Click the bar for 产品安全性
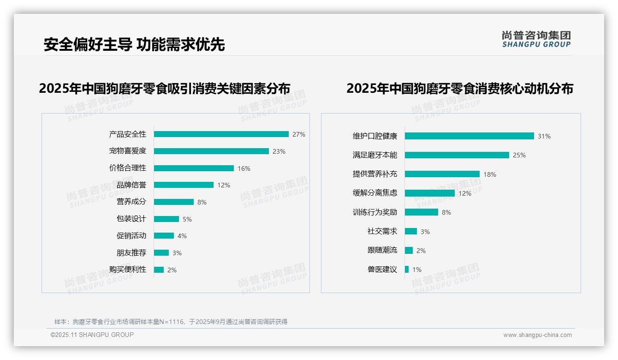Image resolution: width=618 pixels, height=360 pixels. pos(221,134)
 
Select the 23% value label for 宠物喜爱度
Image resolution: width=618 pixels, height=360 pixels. pos(279,151)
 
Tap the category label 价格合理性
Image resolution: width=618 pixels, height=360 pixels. pos(127,168)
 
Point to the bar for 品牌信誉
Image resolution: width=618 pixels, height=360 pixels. pos(184,185)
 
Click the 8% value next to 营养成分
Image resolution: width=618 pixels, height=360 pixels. pos(202,202)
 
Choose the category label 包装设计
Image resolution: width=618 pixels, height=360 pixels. pos(131,219)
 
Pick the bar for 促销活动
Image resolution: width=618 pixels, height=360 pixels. pos(164,236)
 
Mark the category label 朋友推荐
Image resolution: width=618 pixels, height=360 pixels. pos(131,253)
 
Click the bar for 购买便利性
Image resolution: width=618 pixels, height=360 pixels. pos(159,270)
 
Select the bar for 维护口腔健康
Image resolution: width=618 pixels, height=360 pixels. pos(469,136)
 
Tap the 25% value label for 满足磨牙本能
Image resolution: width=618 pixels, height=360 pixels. pos(519,155)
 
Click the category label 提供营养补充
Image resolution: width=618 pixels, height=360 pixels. pos(374,174)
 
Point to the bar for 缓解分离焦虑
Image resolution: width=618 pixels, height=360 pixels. pos(429,193)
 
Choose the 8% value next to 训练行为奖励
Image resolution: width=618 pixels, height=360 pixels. pos(446,212)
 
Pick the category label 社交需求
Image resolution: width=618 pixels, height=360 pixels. pos(382,231)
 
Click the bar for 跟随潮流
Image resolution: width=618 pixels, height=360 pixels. pos(409,250)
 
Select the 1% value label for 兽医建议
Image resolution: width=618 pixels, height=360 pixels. pos(416,270)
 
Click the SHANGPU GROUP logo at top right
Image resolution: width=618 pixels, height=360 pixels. pos(536,39)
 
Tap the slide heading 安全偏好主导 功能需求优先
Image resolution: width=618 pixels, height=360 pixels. pos(134,44)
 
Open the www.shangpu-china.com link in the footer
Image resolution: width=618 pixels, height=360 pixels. pos(537,335)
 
